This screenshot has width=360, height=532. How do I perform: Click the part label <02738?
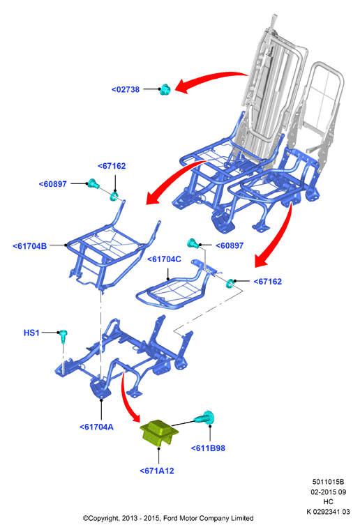click(126, 89)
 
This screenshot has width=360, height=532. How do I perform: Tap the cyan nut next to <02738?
click(165, 89)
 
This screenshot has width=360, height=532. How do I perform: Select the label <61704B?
click(29, 246)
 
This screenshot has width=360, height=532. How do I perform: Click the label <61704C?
click(164, 259)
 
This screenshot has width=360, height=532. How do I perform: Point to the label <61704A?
click(96, 427)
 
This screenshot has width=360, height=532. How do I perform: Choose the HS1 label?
click(31, 333)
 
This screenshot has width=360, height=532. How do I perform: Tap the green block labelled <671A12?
click(159, 433)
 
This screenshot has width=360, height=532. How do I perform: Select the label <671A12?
click(157, 471)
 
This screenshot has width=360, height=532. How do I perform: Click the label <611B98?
click(208, 448)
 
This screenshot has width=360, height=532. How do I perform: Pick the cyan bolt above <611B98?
click(206, 418)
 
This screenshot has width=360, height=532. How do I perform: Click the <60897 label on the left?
click(52, 184)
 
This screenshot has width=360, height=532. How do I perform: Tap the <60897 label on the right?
click(230, 245)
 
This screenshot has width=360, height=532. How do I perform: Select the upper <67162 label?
click(112, 166)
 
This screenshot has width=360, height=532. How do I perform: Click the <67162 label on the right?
click(268, 282)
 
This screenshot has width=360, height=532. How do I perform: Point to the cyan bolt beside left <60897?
click(93, 183)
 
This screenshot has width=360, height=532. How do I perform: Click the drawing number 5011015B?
click(328, 482)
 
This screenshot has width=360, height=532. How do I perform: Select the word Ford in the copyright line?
click(170, 518)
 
